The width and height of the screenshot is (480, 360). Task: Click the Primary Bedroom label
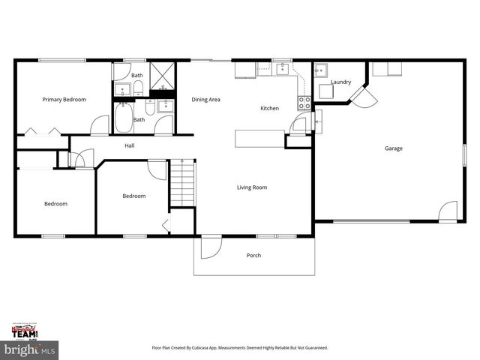(64, 100)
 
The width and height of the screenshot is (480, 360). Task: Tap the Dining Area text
(205, 100)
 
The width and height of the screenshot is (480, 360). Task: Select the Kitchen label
(269, 109)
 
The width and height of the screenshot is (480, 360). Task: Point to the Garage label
(394, 148)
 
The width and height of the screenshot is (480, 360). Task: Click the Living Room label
(252, 187)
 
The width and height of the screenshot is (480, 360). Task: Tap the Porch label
(254, 256)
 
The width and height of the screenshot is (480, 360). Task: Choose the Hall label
(129, 145)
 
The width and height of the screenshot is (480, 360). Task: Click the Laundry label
(341, 82)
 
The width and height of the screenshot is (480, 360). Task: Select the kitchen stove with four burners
(304, 103)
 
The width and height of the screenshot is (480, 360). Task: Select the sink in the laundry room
(321, 72)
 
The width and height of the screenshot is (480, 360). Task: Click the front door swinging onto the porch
(211, 247)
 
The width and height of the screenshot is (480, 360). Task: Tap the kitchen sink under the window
(283, 70)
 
